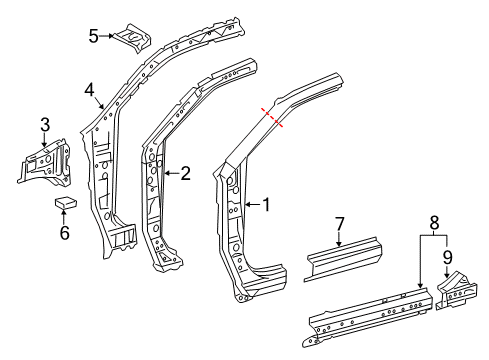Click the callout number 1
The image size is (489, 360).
[x=266, y=205]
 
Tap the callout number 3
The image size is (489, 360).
[x=44, y=124]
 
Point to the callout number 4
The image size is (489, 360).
[x=89, y=89]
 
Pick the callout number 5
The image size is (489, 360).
[x=94, y=37]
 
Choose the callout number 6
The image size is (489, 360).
[x=64, y=234]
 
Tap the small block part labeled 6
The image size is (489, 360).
[x=66, y=203]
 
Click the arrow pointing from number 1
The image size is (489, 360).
[x=251, y=205]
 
